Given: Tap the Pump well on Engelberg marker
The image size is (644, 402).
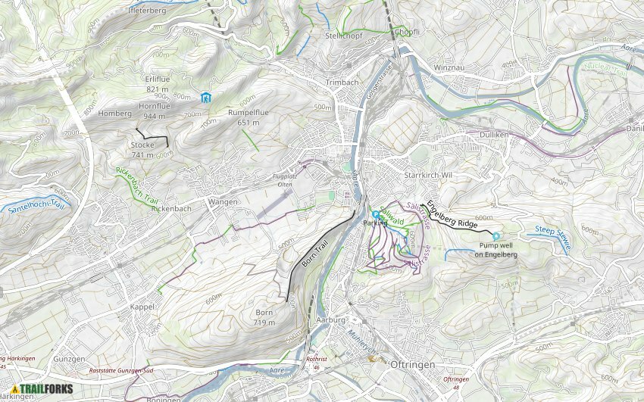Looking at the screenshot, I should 496,236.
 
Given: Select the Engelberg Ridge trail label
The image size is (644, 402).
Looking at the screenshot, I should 452,214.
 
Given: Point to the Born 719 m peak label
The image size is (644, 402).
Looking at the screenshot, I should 264,317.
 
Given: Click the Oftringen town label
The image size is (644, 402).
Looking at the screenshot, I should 411,365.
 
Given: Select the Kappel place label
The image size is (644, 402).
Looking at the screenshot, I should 142,307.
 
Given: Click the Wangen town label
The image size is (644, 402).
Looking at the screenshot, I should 221,202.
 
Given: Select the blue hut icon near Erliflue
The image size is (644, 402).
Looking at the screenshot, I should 205,98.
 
